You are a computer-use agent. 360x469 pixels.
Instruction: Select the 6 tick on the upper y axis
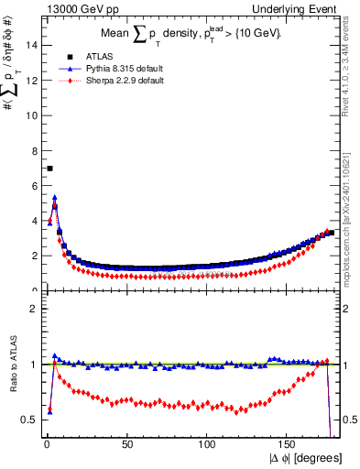(x=35, y=185)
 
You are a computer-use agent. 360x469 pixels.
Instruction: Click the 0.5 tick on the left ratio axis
(x=32, y=420)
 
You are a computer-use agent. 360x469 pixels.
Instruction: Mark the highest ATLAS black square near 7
(x=49, y=169)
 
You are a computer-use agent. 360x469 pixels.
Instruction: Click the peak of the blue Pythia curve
(x=55, y=197)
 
